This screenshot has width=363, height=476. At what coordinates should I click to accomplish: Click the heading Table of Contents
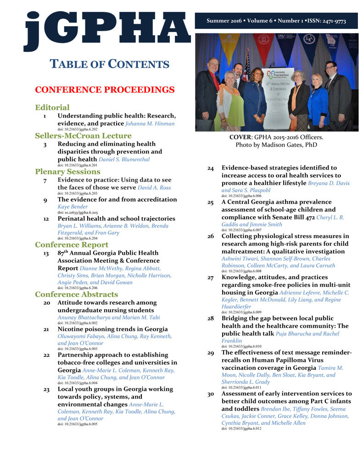(109, 64)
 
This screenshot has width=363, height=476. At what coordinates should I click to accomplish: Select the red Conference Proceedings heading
(105, 89)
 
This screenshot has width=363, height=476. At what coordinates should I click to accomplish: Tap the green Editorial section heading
(52, 108)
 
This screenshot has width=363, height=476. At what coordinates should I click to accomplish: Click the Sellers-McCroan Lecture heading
(83, 136)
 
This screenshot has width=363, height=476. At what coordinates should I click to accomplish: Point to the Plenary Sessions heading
(67, 172)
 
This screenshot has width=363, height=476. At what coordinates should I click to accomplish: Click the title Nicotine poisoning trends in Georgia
(112, 329)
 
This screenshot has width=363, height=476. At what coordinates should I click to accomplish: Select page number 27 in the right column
(211, 277)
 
